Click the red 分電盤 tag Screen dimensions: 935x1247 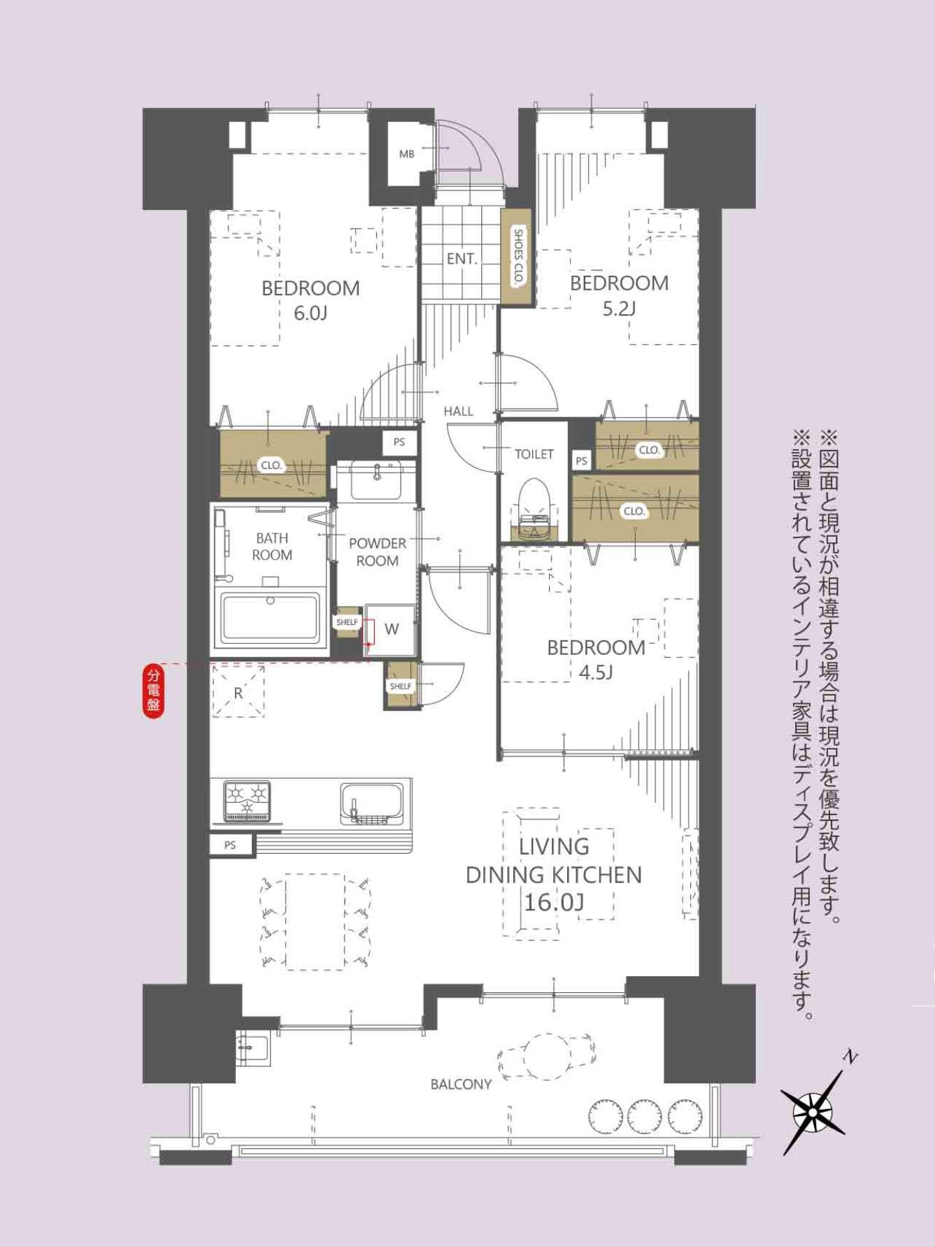click(x=153, y=691)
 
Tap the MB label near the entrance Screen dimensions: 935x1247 click(x=406, y=154)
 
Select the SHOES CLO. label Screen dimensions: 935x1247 click(x=519, y=256)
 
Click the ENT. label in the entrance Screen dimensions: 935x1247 click(x=462, y=259)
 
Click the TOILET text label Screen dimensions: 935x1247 click(x=534, y=454)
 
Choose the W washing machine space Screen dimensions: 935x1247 click(x=392, y=629)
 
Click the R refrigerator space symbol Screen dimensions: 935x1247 click(x=238, y=691)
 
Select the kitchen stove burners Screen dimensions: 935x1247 click(x=247, y=800)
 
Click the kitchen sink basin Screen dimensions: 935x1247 click(x=372, y=802)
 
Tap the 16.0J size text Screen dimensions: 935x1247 click(x=554, y=903)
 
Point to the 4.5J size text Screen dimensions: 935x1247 click(x=596, y=672)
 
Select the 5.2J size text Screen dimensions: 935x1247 click(x=619, y=308)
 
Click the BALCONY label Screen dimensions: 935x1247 click(x=461, y=1085)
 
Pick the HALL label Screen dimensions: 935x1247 click(x=459, y=411)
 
